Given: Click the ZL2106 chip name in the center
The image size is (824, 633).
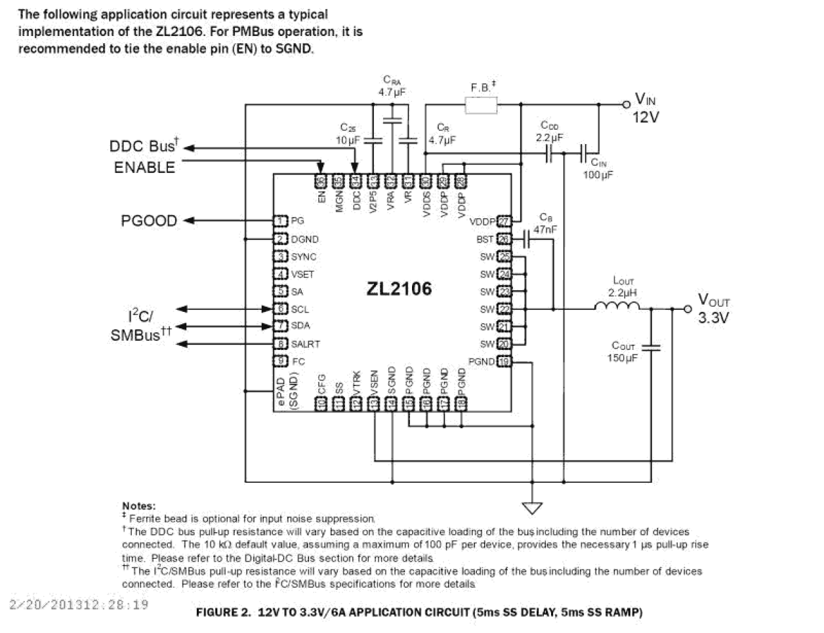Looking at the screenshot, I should pyautogui.click(x=399, y=289).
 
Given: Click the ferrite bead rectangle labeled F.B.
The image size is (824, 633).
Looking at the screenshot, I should pyautogui.click(x=481, y=105).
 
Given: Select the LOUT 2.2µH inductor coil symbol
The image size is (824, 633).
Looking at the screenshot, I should pyautogui.click(x=617, y=307).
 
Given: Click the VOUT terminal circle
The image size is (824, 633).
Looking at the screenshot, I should pyautogui.click(x=688, y=309).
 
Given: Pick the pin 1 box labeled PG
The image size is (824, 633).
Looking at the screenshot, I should pyautogui.click(x=281, y=221).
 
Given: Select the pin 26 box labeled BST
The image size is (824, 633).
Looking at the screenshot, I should pyautogui.click(x=504, y=239).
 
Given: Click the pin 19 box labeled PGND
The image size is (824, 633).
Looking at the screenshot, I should pyautogui.click(x=504, y=361).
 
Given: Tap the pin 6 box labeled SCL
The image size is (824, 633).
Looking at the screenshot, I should pyautogui.click(x=281, y=309).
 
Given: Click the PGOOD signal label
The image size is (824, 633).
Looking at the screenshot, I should pyautogui.click(x=149, y=221).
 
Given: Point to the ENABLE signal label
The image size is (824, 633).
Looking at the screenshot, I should pyautogui.click(x=144, y=168).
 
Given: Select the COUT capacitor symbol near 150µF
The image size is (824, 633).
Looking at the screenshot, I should pyautogui.click(x=651, y=347).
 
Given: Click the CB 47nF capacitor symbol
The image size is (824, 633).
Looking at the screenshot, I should pyautogui.click(x=527, y=239).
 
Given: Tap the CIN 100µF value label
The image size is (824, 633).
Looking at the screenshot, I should pyautogui.click(x=598, y=176).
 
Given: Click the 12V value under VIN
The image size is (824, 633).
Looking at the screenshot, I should pyautogui.click(x=646, y=118).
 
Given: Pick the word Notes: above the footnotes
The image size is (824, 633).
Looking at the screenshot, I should pyautogui.click(x=139, y=506).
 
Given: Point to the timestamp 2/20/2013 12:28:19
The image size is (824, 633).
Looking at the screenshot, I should pyautogui.click(x=79, y=604).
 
